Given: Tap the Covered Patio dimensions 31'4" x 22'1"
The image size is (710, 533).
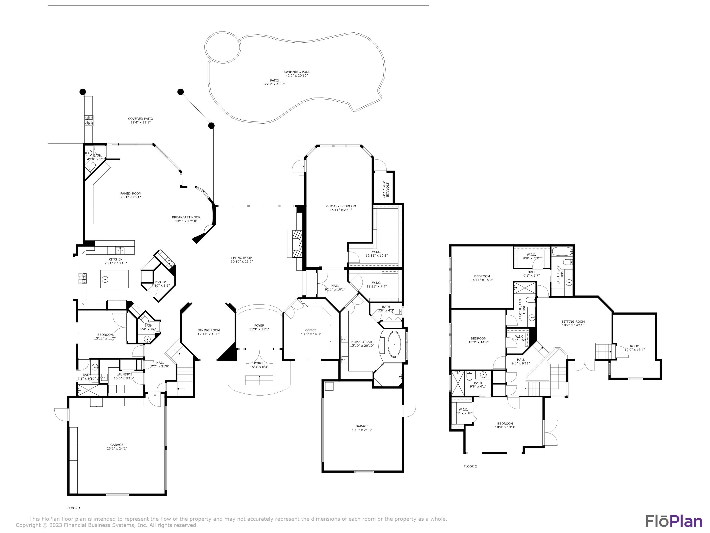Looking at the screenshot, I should tap(140, 122).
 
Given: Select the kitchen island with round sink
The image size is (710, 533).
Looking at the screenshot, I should tap(114, 279).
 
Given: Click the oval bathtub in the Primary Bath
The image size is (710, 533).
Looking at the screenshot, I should tap(394, 344).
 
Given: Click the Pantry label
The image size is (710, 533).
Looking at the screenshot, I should tap(160, 282).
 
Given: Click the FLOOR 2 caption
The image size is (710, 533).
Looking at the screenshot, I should tap(470, 466).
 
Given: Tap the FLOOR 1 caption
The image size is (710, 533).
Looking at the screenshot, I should tap(74, 508).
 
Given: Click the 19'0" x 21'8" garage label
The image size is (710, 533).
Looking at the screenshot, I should tap(362, 430).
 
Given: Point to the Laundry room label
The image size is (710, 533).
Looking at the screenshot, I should tap(124, 374).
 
